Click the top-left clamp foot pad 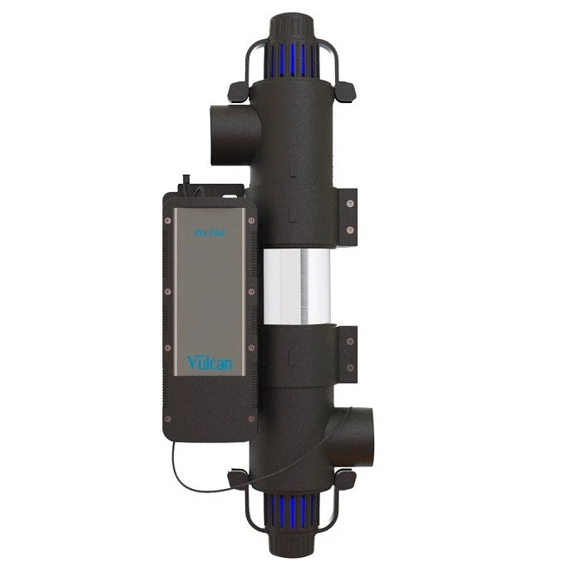click(240, 88)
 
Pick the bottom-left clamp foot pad click(238, 480)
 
